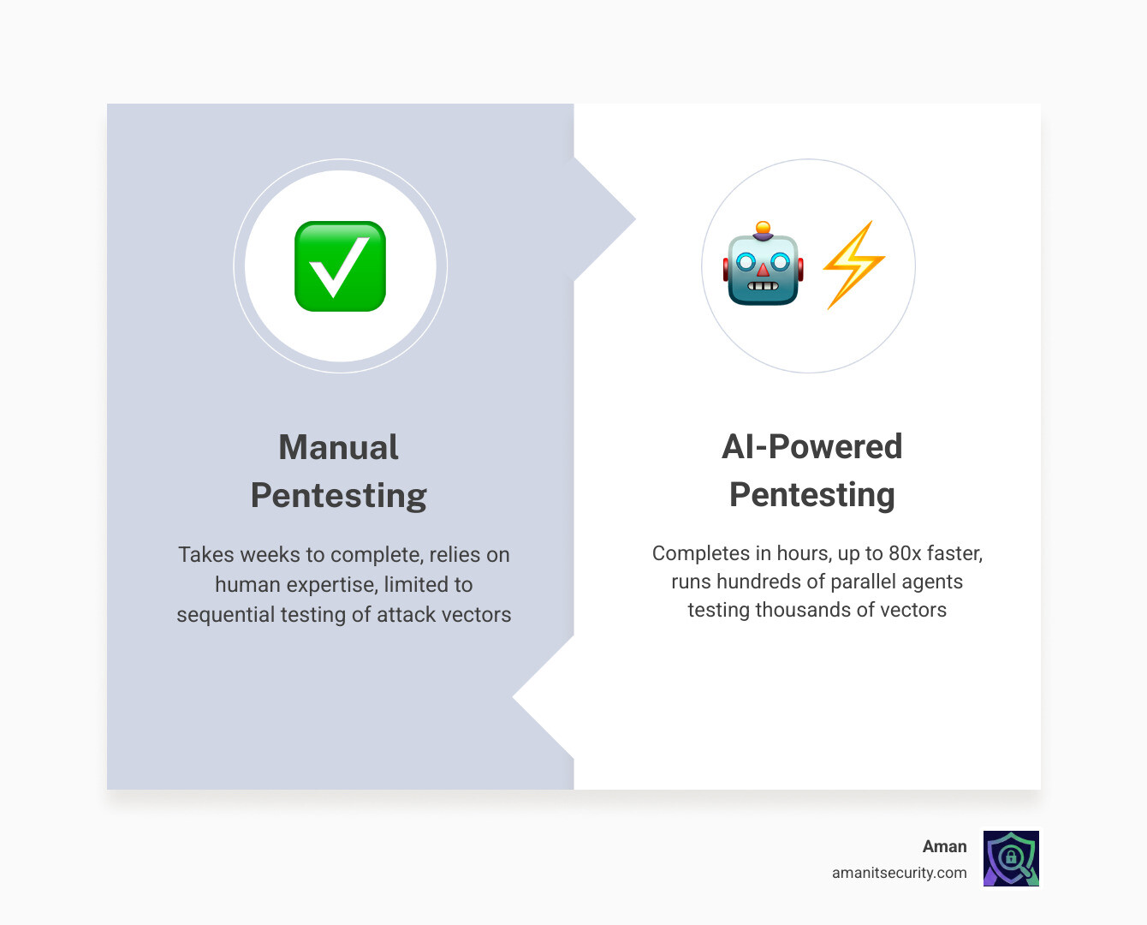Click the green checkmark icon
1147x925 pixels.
point(340,266)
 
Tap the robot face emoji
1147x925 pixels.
point(764,267)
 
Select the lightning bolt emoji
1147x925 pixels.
point(853,265)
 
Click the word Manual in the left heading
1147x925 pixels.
point(339,447)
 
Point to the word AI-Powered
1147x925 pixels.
point(811,446)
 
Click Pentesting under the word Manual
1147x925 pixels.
point(339,495)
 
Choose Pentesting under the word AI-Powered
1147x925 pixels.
point(811,494)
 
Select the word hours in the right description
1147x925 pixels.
point(803,553)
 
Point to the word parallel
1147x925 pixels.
point(862,582)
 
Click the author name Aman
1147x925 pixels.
point(944,846)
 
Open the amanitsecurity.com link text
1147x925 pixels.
point(899,873)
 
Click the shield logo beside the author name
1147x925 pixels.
point(1011,858)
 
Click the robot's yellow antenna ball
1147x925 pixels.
point(763,228)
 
